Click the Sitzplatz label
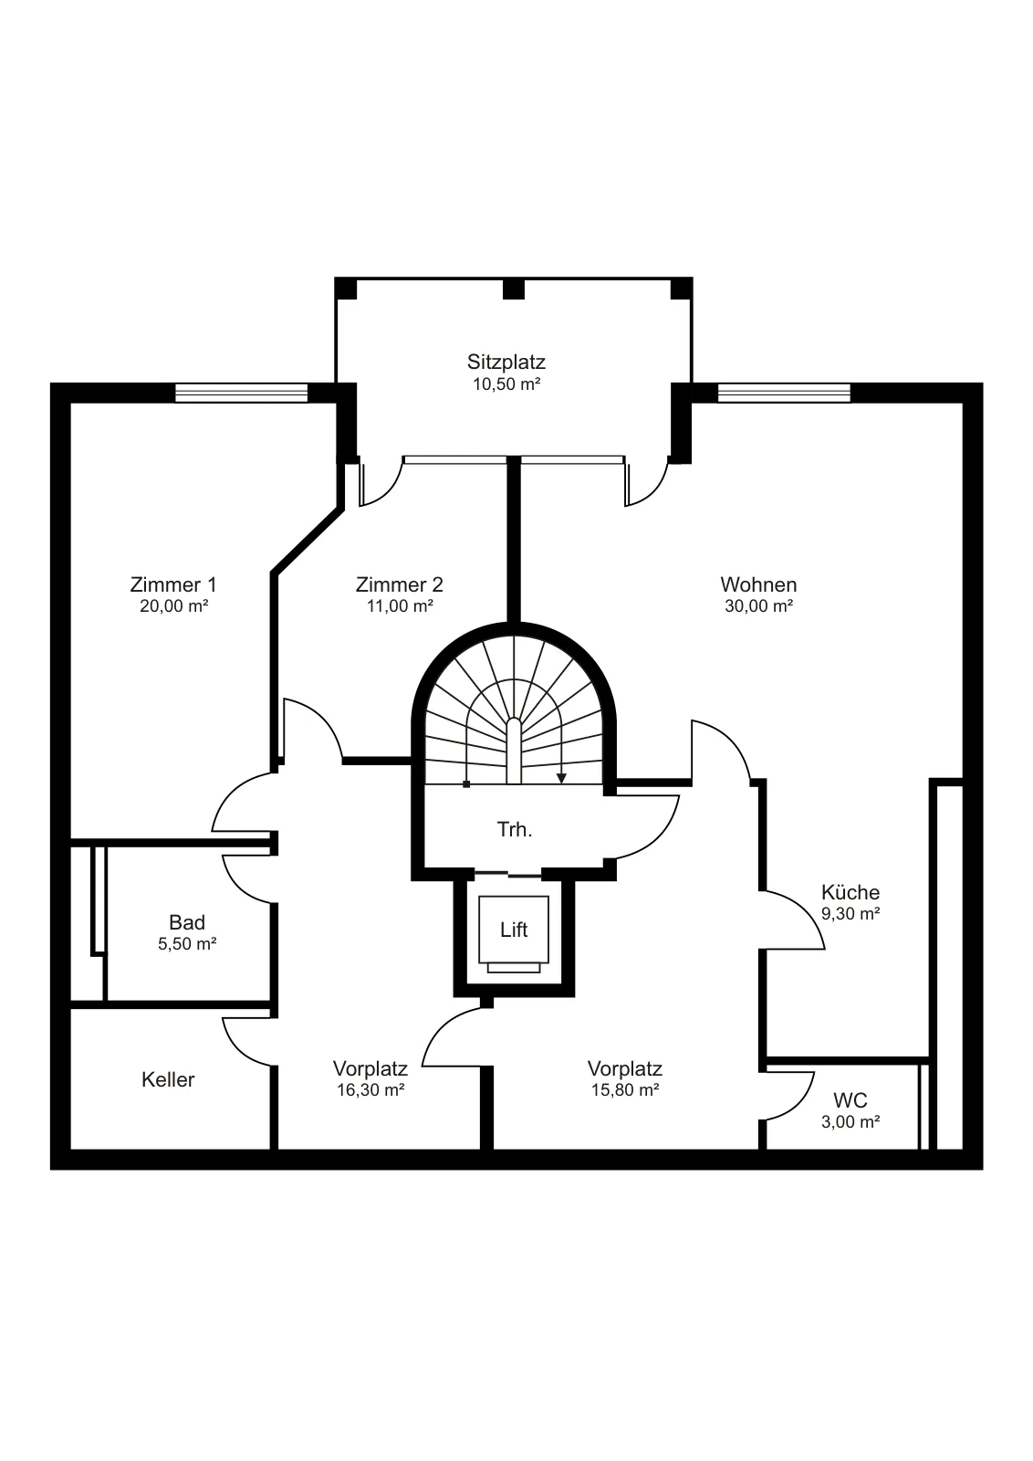tap(506, 363)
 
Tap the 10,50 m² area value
tap(506, 384)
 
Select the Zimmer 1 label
tap(173, 584)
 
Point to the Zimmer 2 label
tap(400, 584)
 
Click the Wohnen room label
tap(758, 584)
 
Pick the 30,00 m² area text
tap(758, 606)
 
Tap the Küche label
tap(850, 892)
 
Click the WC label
tap(850, 1101)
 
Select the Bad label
tap(187, 922)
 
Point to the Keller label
tap(168, 1079)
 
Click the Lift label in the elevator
tap(514, 930)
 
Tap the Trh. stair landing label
tap(515, 830)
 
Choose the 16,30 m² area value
tap(370, 1090)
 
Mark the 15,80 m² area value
tap(625, 1090)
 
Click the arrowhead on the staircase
tap(561, 778)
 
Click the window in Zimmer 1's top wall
tap(241, 393)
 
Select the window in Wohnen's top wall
tap(784, 393)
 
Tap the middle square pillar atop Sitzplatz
tap(514, 289)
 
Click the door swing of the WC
tap(790, 1096)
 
